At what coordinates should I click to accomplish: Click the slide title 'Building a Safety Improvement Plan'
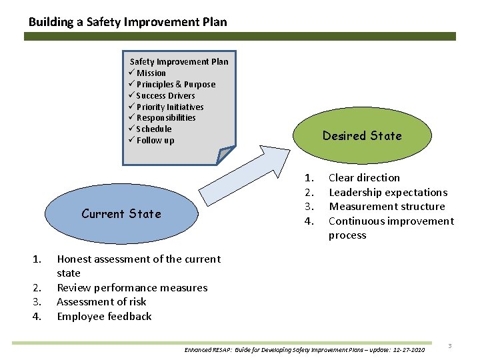[x=127, y=22]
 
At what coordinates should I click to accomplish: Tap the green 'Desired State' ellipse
[x=362, y=136]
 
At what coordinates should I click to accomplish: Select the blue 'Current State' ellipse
[x=121, y=214]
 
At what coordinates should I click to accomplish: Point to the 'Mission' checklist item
[x=151, y=73]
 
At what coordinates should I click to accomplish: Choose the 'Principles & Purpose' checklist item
[x=175, y=85]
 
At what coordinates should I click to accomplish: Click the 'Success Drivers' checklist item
[x=165, y=96]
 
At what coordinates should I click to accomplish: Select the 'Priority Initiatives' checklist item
[x=169, y=107]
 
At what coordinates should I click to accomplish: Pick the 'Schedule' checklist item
[x=153, y=129]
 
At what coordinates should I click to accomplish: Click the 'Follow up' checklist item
[x=155, y=141]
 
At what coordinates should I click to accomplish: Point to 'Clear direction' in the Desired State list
[x=364, y=178]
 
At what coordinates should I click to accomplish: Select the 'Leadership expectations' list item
[x=388, y=193]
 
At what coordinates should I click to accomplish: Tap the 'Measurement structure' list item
[x=387, y=207]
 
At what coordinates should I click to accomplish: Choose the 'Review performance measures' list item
[x=132, y=288]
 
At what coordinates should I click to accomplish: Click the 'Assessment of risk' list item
[x=101, y=302]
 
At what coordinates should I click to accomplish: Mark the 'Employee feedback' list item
[x=104, y=317]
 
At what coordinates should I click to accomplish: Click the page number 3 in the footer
[x=450, y=346]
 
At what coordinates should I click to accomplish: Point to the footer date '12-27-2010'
[x=407, y=350]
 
